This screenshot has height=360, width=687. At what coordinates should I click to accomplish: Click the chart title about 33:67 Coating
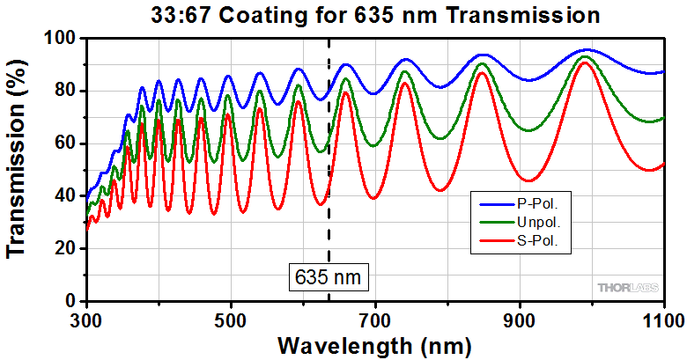coord(363,15)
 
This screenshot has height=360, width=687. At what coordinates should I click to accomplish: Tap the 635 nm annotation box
coord(328,278)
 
